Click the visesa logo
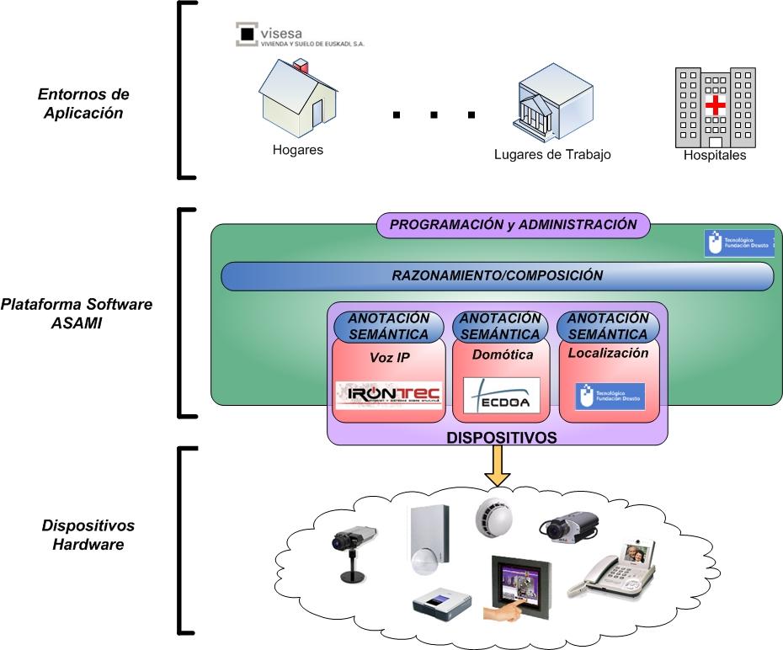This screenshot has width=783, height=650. pyautogui.click(x=301, y=35)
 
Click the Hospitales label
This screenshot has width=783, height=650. pyautogui.click(x=715, y=155)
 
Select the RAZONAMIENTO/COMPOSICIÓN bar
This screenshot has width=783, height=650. pyautogui.click(x=497, y=274)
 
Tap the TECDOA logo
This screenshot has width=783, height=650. pyautogui.click(x=501, y=395)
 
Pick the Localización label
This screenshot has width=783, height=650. pyautogui.click(x=608, y=354)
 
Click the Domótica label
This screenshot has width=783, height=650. pyautogui.click(x=502, y=354)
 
